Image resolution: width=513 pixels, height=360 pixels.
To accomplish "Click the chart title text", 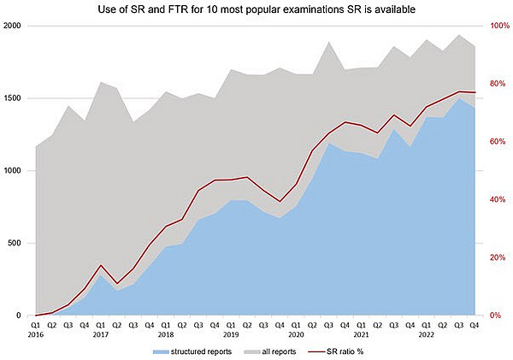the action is point(256,9).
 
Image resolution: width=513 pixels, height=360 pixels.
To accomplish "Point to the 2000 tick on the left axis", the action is point(12,26).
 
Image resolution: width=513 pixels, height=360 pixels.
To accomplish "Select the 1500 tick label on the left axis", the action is point(12,98).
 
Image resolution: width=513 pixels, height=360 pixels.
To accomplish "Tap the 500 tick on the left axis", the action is point(14,243).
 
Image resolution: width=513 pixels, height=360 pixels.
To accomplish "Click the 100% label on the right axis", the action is point(499,26).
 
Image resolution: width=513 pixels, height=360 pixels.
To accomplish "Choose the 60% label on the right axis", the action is point(498,142).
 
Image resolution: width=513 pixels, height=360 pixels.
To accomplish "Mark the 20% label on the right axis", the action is point(498,257).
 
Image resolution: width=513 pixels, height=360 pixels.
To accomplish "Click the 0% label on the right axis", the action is point(495,316).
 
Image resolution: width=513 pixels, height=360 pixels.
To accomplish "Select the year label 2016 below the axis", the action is point(36,335).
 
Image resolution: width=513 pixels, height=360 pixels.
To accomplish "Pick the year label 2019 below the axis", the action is point(231,335).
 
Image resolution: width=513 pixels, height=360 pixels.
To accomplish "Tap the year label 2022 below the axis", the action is point(427,335).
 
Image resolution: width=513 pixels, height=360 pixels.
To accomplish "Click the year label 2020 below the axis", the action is point(296,335).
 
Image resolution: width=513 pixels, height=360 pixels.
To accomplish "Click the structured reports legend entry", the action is point(192,351).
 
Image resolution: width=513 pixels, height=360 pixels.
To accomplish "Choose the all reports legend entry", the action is point(270,351).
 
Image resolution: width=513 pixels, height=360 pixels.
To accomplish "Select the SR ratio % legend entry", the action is point(336,351).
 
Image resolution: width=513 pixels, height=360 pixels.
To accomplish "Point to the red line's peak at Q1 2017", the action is point(101,265).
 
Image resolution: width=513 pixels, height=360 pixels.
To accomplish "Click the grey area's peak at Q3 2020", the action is point(328,42).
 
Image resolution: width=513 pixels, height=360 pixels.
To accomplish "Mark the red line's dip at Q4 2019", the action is point(280,202).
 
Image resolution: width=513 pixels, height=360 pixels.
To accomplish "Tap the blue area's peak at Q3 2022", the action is point(459,98).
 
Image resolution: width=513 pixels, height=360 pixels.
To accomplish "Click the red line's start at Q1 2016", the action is point(36,316).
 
